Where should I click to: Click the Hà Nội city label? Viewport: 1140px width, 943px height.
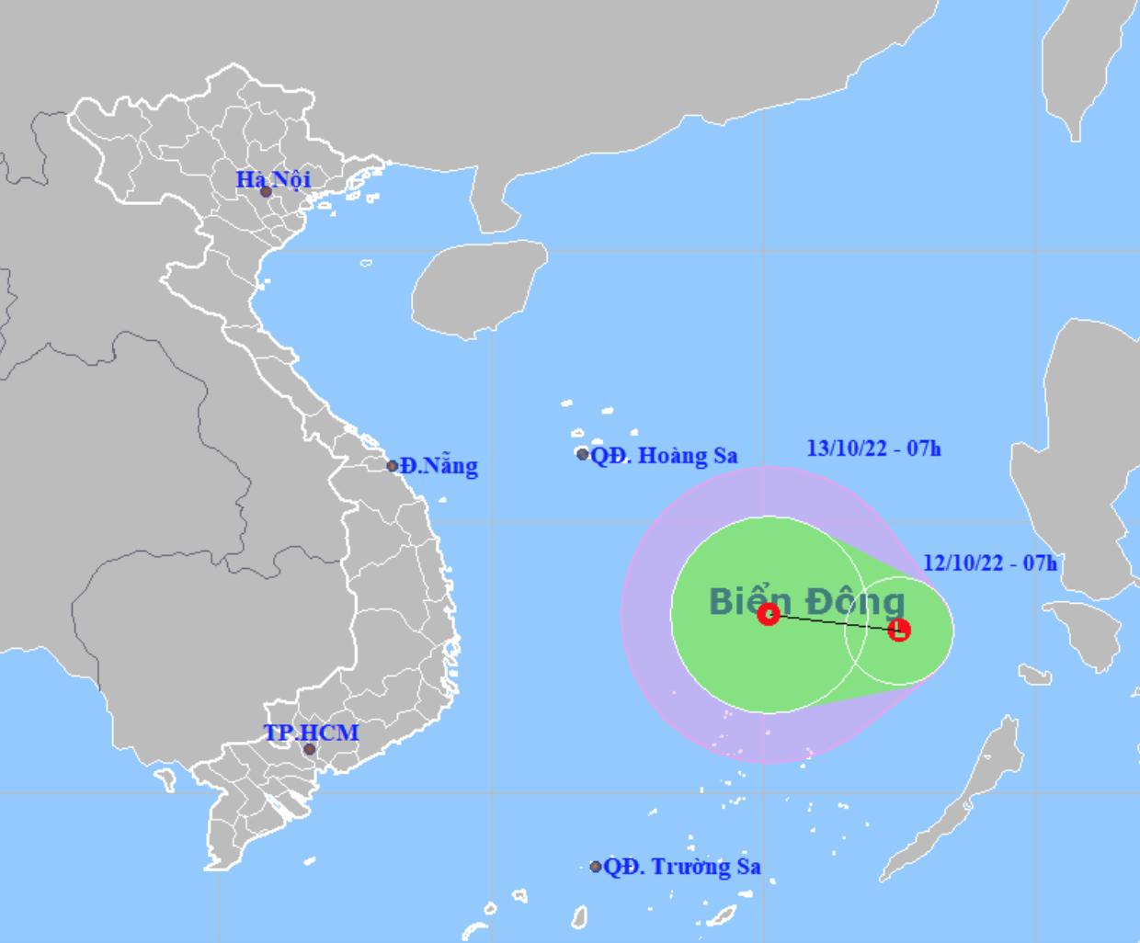tap(273, 178)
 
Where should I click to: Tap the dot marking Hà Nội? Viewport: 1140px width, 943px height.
tap(266, 192)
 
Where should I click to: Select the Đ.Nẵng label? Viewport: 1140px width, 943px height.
tap(439, 466)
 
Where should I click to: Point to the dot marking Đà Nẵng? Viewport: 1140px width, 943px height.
tap(393, 466)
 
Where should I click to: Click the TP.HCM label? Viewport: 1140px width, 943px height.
tap(311, 733)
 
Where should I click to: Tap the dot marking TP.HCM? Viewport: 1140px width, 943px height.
tap(310, 749)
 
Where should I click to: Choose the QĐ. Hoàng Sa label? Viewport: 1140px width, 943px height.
tap(664, 455)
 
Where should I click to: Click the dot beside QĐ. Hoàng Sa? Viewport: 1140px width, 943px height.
tap(583, 454)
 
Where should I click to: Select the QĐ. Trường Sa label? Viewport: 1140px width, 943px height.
tap(682, 866)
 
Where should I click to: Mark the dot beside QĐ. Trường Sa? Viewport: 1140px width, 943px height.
tap(596, 867)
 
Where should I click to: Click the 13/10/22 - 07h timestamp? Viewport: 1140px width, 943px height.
tap(873, 449)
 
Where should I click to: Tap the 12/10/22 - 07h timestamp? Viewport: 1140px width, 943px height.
tap(990, 562)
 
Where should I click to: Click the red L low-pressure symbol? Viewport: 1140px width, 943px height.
tap(899, 630)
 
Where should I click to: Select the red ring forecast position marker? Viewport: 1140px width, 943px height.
tap(769, 614)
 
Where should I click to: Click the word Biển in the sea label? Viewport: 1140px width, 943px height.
tap(749, 601)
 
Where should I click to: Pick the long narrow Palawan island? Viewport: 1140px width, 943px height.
tap(956, 800)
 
